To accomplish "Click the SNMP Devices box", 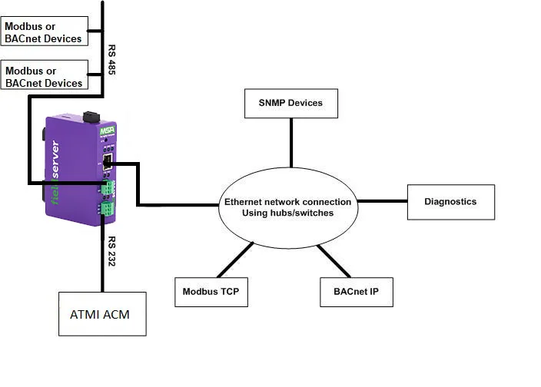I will (x=290, y=103).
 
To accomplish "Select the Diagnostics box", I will (x=450, y=202).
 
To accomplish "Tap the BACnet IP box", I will (x=355, y=292).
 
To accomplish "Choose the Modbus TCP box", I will (x=211, y=292).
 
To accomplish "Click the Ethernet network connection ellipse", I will (x=287, y=207).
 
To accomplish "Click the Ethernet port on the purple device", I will (x=109, y=162).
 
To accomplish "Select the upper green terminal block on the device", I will (x=106, y=187).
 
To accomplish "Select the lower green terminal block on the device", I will (x=106, y=207).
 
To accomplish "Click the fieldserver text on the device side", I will (x=55, y=174).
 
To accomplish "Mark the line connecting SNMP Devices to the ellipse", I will (x=290, y=142).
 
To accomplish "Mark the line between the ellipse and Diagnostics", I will (x=381, y=202).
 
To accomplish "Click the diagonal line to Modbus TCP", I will (x=235, y=260).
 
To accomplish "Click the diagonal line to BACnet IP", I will (x=334, y=261).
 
